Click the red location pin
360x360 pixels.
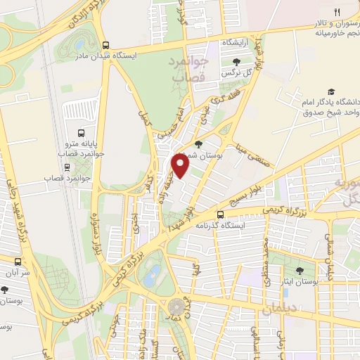181,165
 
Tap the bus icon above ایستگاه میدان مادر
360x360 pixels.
106,44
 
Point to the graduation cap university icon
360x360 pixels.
331,91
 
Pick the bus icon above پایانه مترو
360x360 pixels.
82,131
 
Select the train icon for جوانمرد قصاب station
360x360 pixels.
67,167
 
